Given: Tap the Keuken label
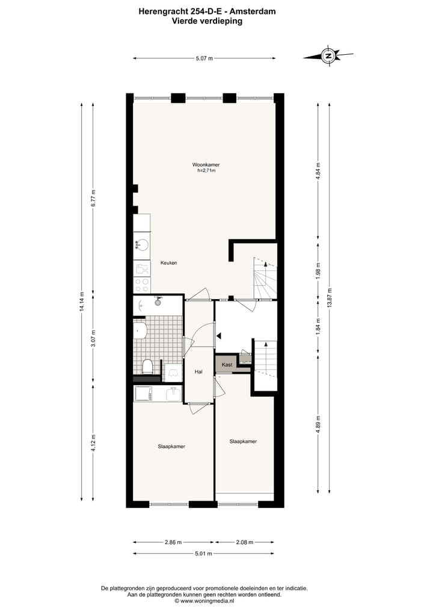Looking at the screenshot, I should pyautogui.click(x=168, y=263).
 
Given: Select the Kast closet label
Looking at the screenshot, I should pyautogui.click(x=227, y=365).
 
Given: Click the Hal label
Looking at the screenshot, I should pyautogui.click(x=198, y=372).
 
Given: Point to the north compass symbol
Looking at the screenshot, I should pyautogui.click(x=328, y=57).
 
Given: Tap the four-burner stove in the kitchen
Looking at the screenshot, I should pyautogui.click(x=142, y=284).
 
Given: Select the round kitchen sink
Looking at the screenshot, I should pyautogui.click(x=143, y=245).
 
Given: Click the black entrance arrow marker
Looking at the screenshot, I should pyautogui.click(x=220, y=335).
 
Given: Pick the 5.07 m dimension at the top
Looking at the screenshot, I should pyautogui.click(x=204, y=58).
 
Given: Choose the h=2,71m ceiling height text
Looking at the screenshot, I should pyautogui.click(x=206, y=171).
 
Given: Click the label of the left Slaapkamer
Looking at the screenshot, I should pyautogui.click(x=171, y=447).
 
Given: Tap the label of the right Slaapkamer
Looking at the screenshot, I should pyautogui.click(x=243, y=441).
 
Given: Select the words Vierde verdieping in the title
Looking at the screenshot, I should pyautogui.click(x=207, y=20).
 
